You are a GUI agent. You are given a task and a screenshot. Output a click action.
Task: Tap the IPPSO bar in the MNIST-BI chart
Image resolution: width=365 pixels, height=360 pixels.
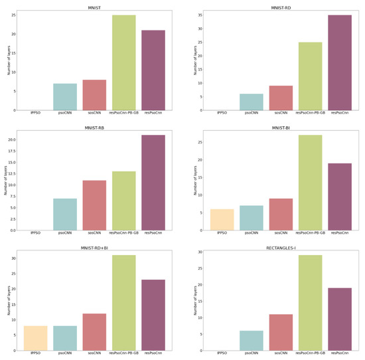click(x=222, y=220)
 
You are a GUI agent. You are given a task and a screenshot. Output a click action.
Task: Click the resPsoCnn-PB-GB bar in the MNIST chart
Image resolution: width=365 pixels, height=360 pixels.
click(x=123, y=62)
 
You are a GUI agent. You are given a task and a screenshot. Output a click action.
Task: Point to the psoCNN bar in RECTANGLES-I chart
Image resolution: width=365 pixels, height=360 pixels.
click(x=252, y=341)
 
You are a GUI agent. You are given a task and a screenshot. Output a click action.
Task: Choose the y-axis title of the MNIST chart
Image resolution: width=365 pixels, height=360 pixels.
click(x=9, y=60)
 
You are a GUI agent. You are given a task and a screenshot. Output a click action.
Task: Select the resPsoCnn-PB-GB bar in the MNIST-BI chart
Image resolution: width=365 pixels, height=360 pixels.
click(x=310, y=183)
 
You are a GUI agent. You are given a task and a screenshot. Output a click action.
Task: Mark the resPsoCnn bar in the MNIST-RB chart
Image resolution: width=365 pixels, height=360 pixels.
click(x=153, y=183)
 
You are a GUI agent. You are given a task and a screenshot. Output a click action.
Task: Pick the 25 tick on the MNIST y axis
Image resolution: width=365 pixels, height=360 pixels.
click(x=13, y=15)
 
